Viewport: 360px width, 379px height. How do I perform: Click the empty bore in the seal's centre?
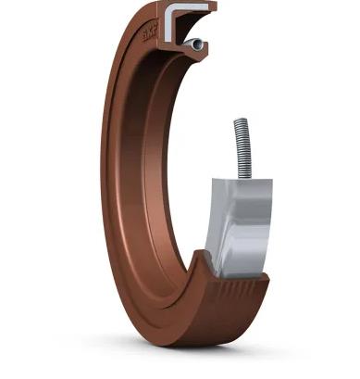[x=185, y=167]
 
